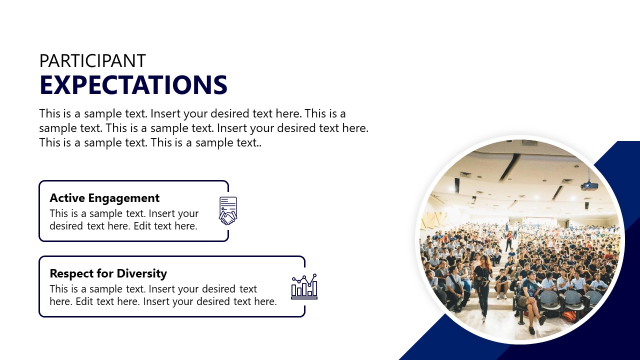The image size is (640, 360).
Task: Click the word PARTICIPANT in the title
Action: [92, 61]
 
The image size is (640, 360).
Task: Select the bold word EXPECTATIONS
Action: [133, 85]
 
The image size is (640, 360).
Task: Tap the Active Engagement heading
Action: [104, 198]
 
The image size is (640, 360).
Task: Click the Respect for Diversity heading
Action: [108, 273]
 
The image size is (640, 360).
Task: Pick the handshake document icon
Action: [228, 210]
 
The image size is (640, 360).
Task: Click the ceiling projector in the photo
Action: [589, 186]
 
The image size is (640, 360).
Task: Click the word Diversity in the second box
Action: [142, 273]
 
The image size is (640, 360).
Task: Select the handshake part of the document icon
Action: [228, 218]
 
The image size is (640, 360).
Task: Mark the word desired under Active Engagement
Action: [66, 226]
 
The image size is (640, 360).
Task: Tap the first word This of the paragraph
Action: [50, 113]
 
